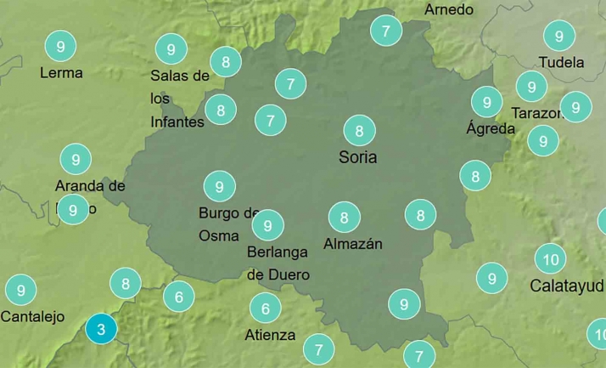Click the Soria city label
tap(357, 157)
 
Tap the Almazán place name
tap(353, 244)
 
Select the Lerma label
tap(61, 73)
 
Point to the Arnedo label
tap(448, 10)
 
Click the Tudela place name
tap(561, 63)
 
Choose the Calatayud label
tap(566, 286)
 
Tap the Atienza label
tap(270, 335)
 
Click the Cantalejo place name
tap(32, 317)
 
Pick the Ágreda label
tap(491, 129)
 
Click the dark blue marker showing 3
tap(101, 329)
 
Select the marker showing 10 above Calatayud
tap(551, 259)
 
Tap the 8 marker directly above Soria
tap(360, 131)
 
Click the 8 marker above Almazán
tap(344, 218)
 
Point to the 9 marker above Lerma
tap(59, 46)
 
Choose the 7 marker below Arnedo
tap(386, 31)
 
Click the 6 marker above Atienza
tap(266, 308)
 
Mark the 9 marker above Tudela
tap(558, 36)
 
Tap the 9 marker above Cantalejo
tap(20, 290)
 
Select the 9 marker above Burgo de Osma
tap(219, 186)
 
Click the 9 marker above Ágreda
tap(486, 102)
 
